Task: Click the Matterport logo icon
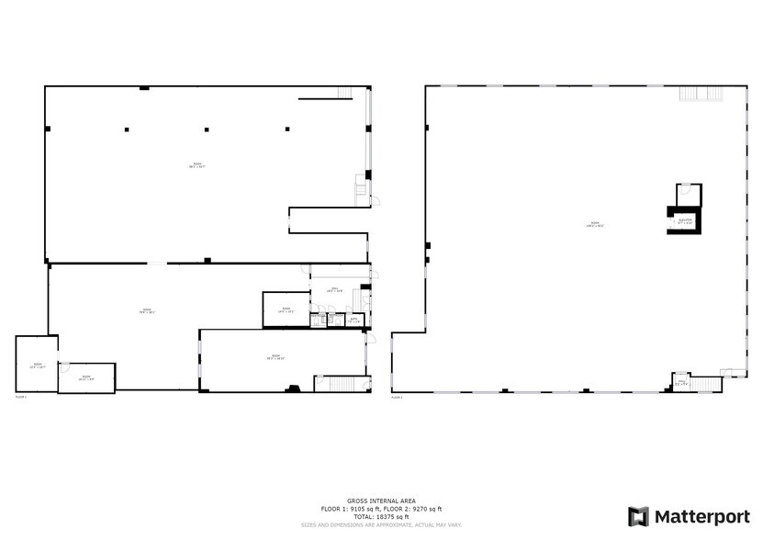click(638, 516)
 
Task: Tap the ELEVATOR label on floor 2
click(685, 221)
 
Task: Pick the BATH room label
click(353, 321)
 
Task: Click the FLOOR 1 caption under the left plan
click(22, 398)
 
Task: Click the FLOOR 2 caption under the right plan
click(398, 398)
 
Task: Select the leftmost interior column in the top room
click(127, 129)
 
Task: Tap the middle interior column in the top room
click(207, 129)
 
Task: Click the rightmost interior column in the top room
click(287, 129)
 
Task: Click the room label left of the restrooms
click(286, 309)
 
